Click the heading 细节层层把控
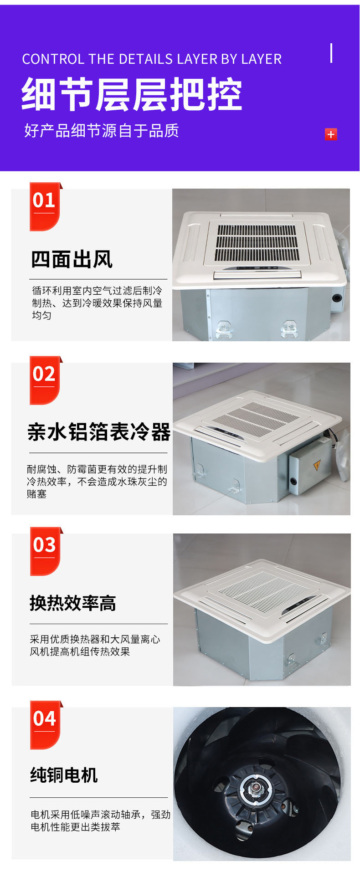[x=132, y=94]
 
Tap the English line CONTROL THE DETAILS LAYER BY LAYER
[x=152, y=59]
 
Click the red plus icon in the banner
[x=331, y=134]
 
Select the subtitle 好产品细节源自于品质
[x=102, y=131]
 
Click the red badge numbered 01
[x=45, y=206]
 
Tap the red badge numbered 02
[x=45, y=380]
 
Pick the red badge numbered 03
[x=45, y=551]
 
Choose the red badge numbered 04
[x=45, y=725]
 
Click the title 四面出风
[x=72, y=259]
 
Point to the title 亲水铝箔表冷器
[x=98, y=432]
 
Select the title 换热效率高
[x=73, y=603]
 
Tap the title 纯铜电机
[x=64, y=775]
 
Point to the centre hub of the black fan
[x=256, y=789]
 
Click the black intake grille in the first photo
[x=257, y=242]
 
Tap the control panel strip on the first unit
[x=257, y=273]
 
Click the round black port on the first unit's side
[x=337, y=298]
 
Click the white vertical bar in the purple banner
[x=331, y=53]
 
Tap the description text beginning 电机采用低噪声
[x=100, y=821]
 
